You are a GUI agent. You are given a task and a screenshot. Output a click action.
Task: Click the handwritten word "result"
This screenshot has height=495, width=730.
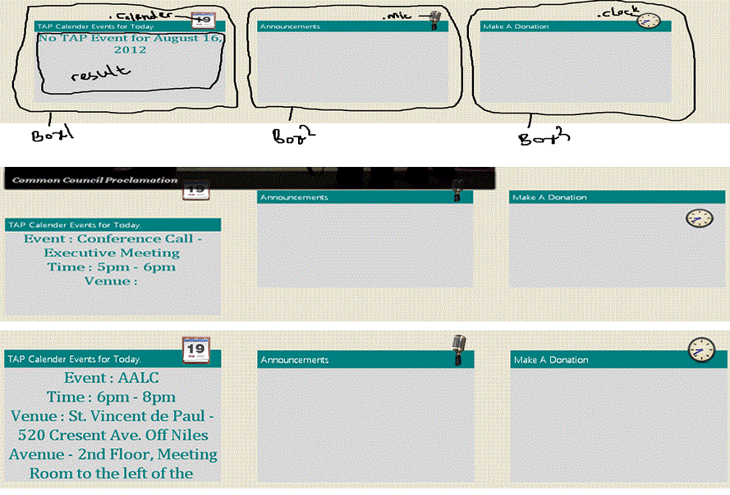(x=101, y=74)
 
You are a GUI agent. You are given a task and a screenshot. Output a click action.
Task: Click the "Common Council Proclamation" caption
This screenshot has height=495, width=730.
(x=95, y=180)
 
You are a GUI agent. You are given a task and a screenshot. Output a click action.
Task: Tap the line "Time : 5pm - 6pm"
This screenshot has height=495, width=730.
(x=111, y=266)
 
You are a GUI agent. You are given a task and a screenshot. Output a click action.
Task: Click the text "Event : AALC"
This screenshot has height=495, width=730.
(x=111, y=378)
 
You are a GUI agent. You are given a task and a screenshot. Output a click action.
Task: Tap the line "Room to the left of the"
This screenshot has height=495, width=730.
(x=111, y=473)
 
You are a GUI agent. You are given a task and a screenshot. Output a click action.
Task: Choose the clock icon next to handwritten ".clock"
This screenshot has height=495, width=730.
(x=648, y=21)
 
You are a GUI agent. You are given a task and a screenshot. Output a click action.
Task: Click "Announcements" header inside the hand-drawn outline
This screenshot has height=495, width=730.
(x=290, y=26)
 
